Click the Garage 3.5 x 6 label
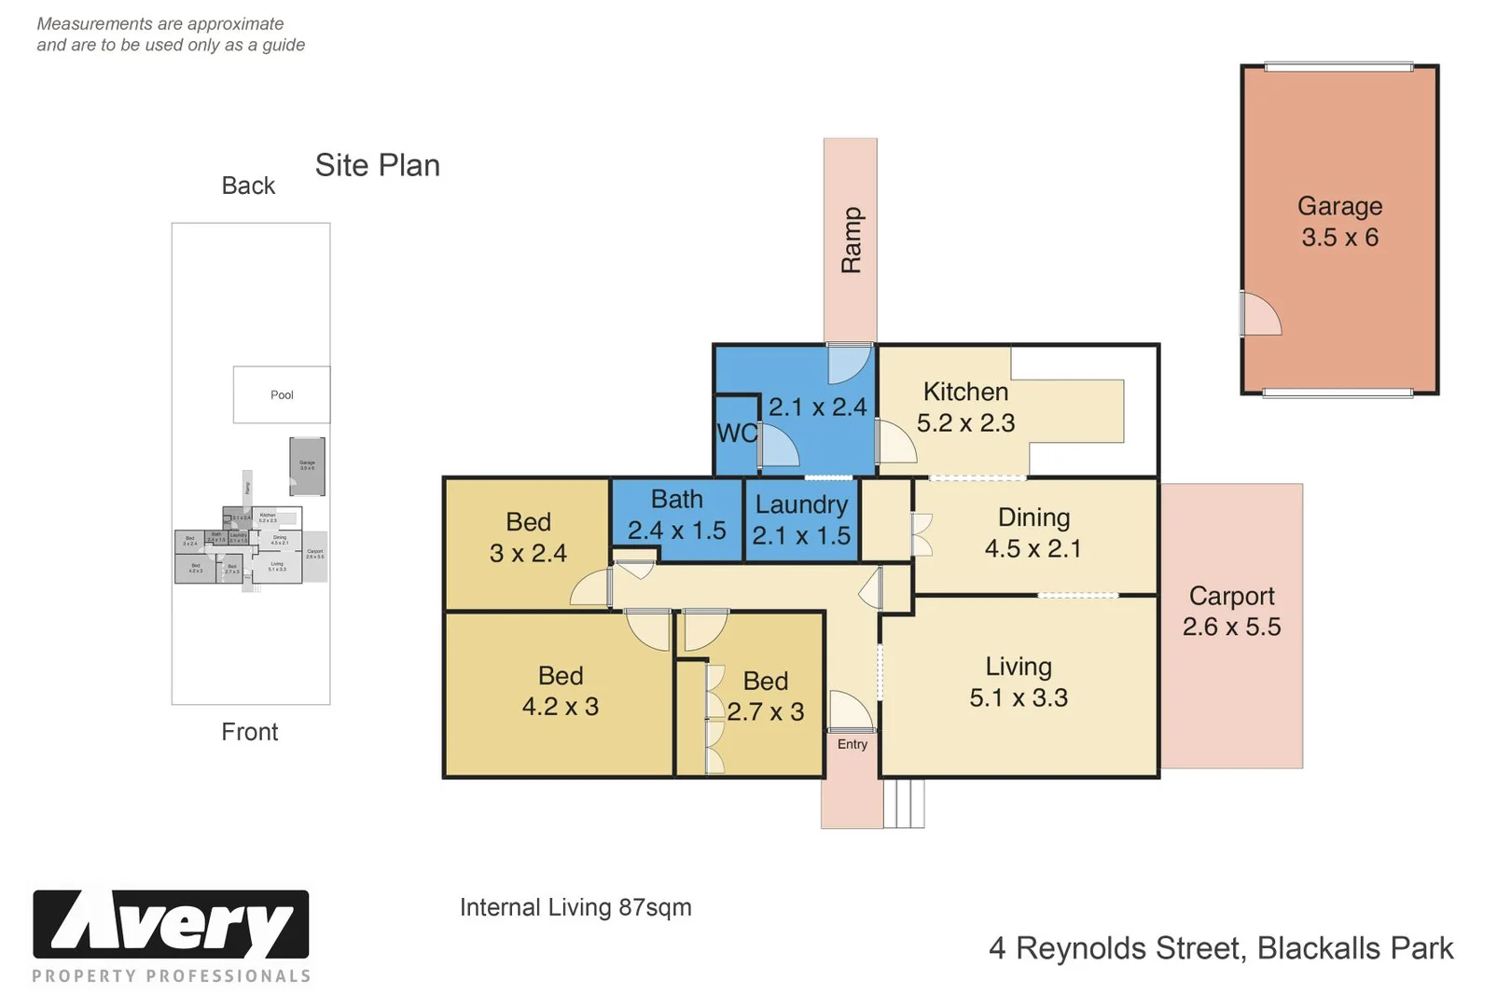click(x=1339, y=222)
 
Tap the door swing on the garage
click(x=1261, y=314)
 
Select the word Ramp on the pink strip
click(x=851, y=241)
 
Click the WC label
click(x=737, y=434)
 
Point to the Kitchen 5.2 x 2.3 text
click(x=965, y=407)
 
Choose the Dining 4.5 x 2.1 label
click(x=1033, y=533)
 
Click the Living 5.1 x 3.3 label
click(x=1019, y=683)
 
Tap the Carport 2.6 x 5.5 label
click(x=1231, y=612)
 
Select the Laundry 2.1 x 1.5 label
click(x=801, y=520)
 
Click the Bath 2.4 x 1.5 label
click(x=676, y=515)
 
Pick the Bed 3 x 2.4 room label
click(x=528, y=538)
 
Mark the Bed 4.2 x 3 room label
click(x=560, y=691)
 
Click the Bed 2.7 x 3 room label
click(x=766, y=697)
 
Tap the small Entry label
click(x=852, y=744)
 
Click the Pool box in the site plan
click(x=282, y=394)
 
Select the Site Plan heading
click(x=377, y=165)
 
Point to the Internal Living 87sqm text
click(x=575, y=907)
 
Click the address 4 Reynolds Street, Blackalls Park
click(x=1220, y=948)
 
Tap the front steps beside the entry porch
click(x=904, y=804)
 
